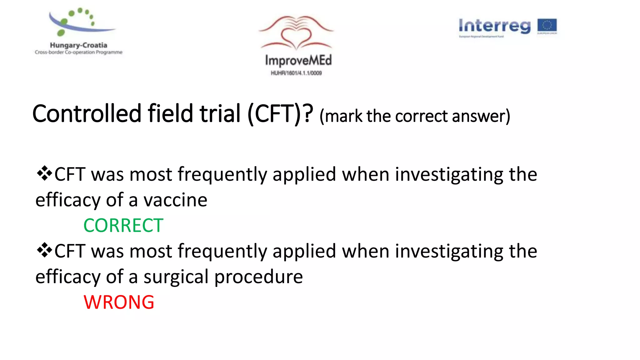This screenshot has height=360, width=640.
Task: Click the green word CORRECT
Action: [x=123, y=226]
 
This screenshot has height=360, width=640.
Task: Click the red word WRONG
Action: [x=119, y=302]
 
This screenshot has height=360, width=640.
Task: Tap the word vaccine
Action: [x=175, y=200]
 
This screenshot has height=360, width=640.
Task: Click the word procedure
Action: [x=258, y=277]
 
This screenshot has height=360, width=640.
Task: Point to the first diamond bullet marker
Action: [x=44, y=173]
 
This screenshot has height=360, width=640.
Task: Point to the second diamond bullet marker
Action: [x=44, y=250]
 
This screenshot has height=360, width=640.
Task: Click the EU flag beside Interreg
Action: [x=547, y=26]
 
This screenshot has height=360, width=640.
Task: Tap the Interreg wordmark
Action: [x=494, y=26]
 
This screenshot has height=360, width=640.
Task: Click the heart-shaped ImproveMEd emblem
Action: [x=296, y=33]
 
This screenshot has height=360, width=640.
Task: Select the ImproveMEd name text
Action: [x=298, y=60]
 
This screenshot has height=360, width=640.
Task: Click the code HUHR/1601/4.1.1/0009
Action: [x=296, y=73]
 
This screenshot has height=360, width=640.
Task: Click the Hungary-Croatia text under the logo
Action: [x=78, y=45]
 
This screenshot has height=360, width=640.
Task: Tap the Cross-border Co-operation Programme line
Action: [x=78, y=52]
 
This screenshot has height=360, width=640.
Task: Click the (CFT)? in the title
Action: [x=280, y=114]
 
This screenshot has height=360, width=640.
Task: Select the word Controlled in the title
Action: [x=87, y=114]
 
